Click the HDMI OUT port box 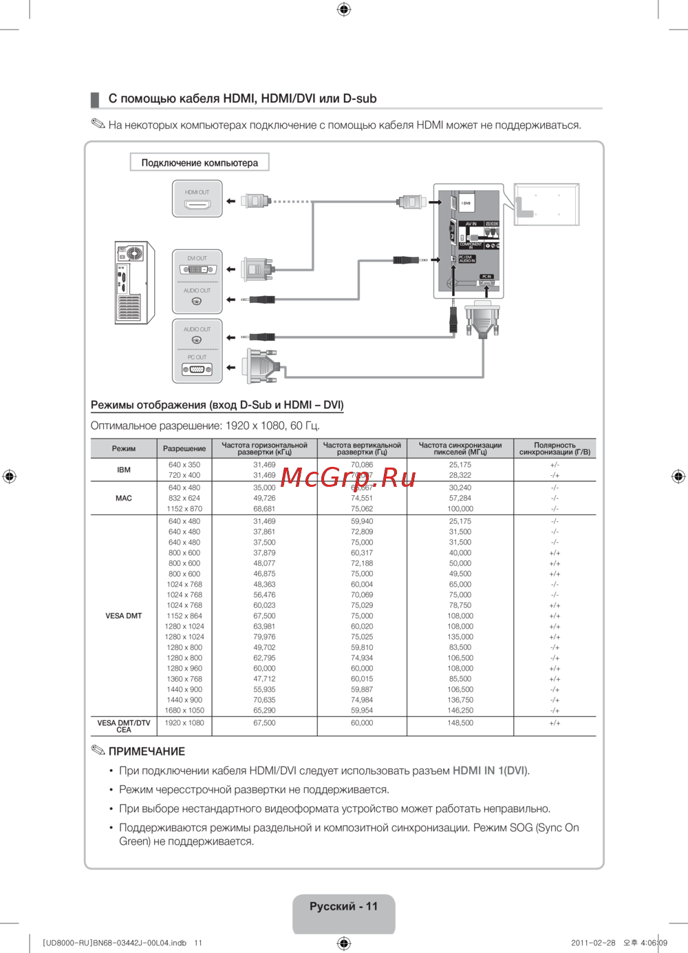click(197, 198)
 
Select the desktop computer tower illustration click(134, 282)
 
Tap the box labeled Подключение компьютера click(200, 163)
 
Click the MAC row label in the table click(124, 498)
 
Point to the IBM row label click(124, 470)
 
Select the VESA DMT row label click(124, 616)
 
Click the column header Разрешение click(184, 448)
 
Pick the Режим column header click(124, 448)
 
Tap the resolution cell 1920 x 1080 click(184, 723)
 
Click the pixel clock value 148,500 click(460, 723)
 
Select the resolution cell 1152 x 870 click(184, 509)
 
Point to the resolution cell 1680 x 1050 click(184, 711)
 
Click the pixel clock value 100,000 click(460, 509)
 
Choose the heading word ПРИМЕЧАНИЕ click(147, 751)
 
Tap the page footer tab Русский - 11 click(343, 907)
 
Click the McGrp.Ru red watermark click(348, 476)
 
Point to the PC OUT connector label click(197, 357)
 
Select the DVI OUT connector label click(197, 258)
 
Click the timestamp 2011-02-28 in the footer click(593, 943)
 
